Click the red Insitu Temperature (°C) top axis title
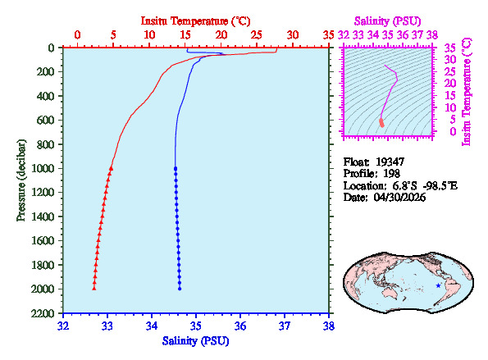[x=196, y=19]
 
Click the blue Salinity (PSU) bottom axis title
[x=196, y=339]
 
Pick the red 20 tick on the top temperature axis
[x=221, y=34]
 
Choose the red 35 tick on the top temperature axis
[x=329, y=34]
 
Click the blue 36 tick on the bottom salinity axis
[x=240, y=326]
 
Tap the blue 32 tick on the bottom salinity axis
[x=63, y=326]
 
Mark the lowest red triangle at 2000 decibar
[x=94, y=288]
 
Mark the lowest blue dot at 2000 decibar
[x=180, y=288]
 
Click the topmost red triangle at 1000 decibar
[x=111, y=168]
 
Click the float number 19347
[x=390, y=162]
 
